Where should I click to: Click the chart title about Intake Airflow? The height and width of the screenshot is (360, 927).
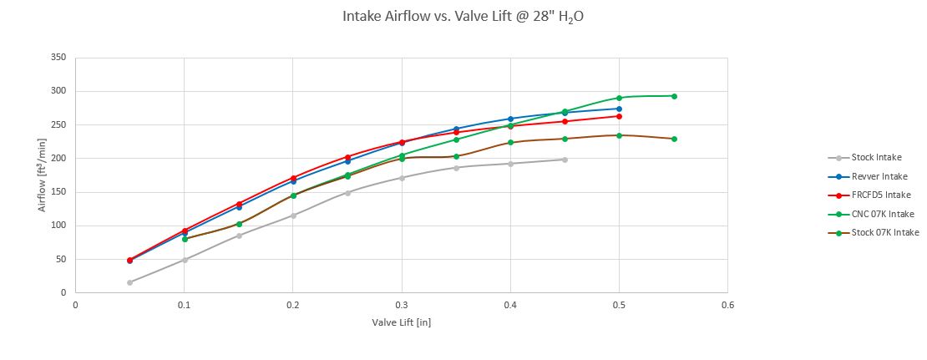click(x=463, y=16)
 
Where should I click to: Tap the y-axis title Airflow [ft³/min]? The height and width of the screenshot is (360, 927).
click(x=42, y=175)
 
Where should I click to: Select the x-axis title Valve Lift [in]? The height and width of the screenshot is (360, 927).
click(x=401, y=322)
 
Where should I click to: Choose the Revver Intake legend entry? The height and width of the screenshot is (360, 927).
click(x=879, y=176)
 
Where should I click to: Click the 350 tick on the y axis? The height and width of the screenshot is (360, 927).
click(x=58, y=58)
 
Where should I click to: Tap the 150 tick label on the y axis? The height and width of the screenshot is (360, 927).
click(x=58, y=192)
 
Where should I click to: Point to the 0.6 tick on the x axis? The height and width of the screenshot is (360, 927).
click(x=727, y=305)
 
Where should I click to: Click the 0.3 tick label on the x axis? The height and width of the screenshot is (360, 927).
click(x=402, y=305)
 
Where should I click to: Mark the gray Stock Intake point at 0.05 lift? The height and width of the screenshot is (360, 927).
click(x=130, y=282)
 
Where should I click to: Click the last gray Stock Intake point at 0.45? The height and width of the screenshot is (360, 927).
click(x=565, y=160)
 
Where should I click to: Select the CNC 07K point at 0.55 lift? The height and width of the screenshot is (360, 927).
click(x=674, y=96)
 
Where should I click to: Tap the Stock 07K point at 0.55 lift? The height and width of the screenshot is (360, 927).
click(x=674, y=139)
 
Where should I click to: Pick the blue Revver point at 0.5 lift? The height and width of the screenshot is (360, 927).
click(x=619, y=109)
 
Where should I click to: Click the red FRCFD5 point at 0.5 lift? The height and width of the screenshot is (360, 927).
click(x=619, y=116)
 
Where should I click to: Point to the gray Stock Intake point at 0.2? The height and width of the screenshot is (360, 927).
click(x=293, y=215)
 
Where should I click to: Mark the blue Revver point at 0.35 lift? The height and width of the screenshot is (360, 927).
click(x=456, y=129)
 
